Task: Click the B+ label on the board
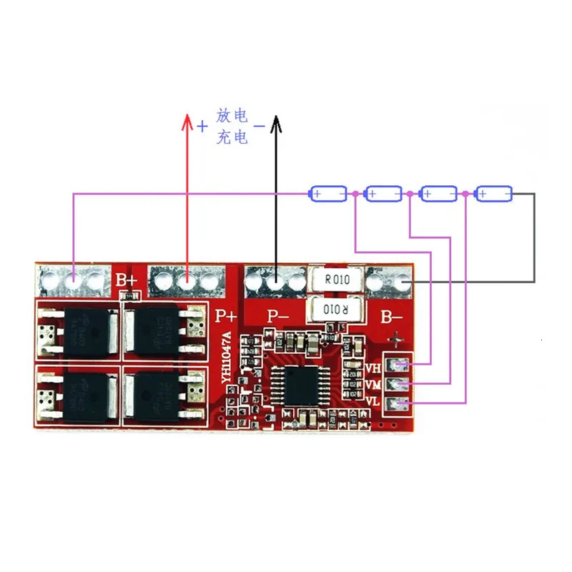click(x=127, y=279)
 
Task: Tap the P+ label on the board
click(x=226, y=315)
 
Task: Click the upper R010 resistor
click(x=336, y=280)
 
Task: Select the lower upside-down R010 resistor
click(x=335, y=310)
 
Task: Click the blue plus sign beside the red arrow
click(x=202, y=127)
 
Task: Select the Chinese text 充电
click(x=232, y=137)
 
